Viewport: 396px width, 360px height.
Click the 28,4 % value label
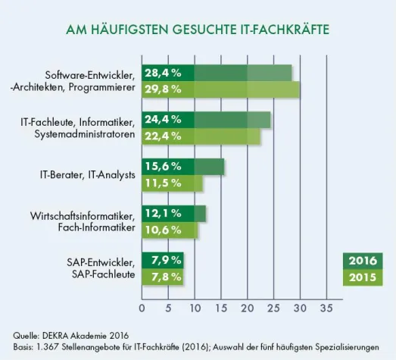click(163, 73)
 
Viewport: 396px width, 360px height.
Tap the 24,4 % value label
click(163, 120)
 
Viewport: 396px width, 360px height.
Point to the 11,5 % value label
click(163, 183)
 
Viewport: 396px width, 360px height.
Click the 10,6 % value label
click(163, 230)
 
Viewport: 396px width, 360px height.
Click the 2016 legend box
click(363, 261)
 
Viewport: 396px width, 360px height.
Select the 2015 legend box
click(363, 277)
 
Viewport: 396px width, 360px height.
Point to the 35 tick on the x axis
click(326, 308)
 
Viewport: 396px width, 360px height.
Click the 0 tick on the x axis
click(142, 308)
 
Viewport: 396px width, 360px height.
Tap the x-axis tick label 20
click(247, 308)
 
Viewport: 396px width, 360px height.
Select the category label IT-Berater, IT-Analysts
click(87, 174)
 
